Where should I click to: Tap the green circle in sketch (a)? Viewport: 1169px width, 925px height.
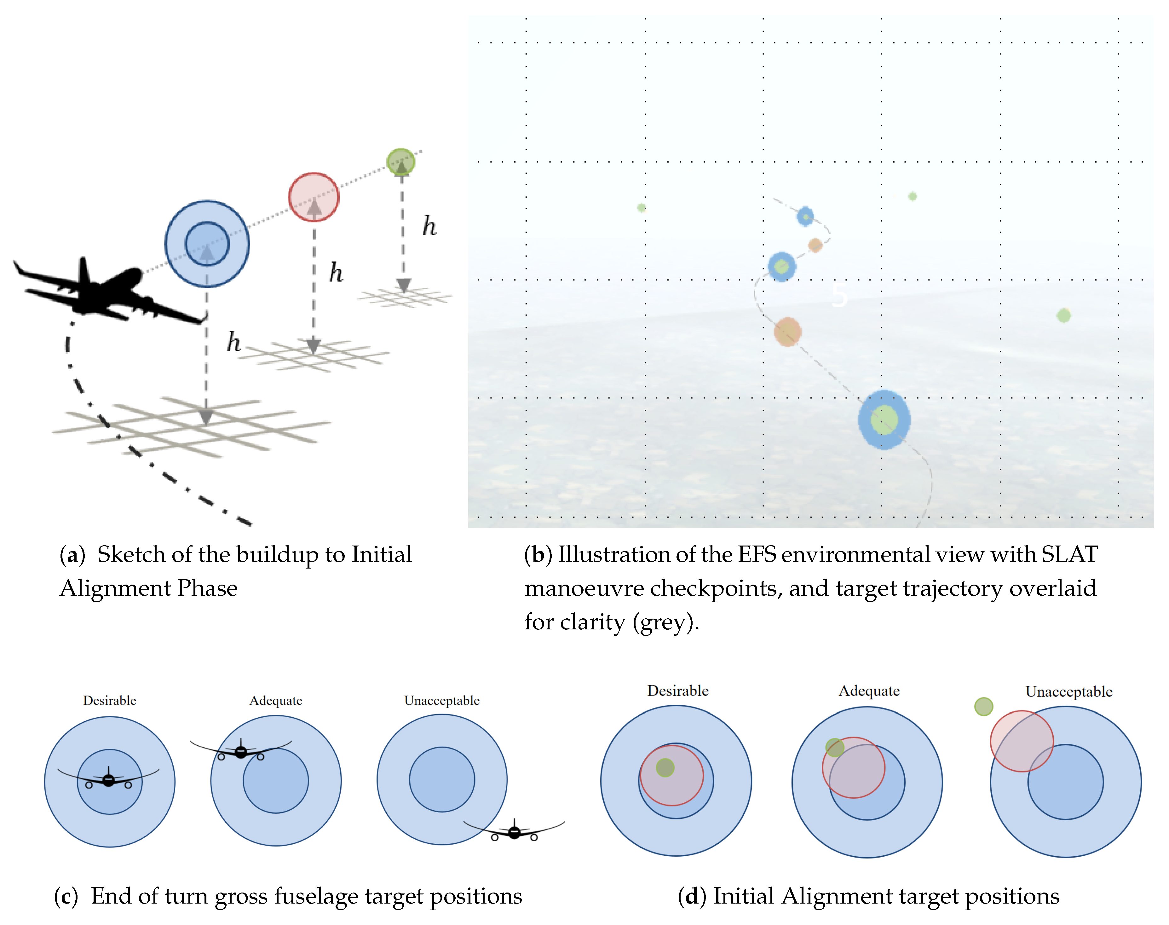coord(401,161)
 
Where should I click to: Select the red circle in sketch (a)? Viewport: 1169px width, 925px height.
coord(314,197)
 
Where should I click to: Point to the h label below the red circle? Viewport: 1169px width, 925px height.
coord(336,272)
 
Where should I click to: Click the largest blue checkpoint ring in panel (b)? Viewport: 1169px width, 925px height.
coord(884,420)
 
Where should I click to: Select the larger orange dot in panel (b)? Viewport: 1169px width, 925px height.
coord(787,332)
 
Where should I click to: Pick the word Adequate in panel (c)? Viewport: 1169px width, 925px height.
coord(276,700)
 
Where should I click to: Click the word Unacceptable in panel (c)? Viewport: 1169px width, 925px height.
coord(442,700)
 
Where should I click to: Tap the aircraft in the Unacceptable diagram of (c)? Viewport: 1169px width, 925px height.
coord(514,832)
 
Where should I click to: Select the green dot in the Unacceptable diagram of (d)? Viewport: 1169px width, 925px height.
coord(983,706)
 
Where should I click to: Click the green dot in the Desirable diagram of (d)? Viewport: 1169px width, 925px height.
coord(665,767)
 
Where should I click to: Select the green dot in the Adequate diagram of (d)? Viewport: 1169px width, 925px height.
coord(834,747)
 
